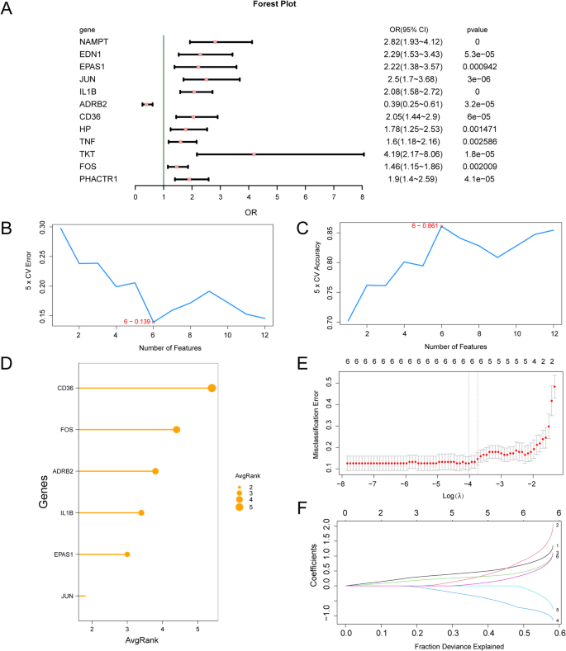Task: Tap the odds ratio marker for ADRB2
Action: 146,104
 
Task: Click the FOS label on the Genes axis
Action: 62,430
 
